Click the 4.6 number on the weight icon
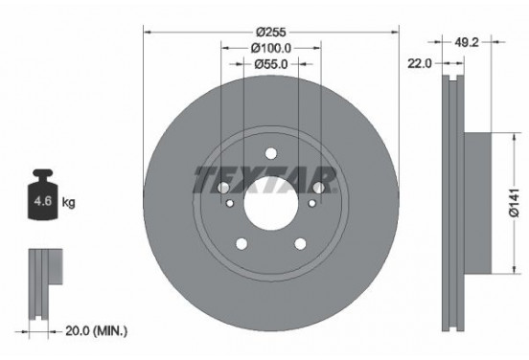[42, 203]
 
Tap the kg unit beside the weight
[68, 203]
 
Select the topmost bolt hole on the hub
[270, 152]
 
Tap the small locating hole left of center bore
[230, 203]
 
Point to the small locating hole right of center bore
[310, 203]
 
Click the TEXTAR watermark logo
[265, 178]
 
